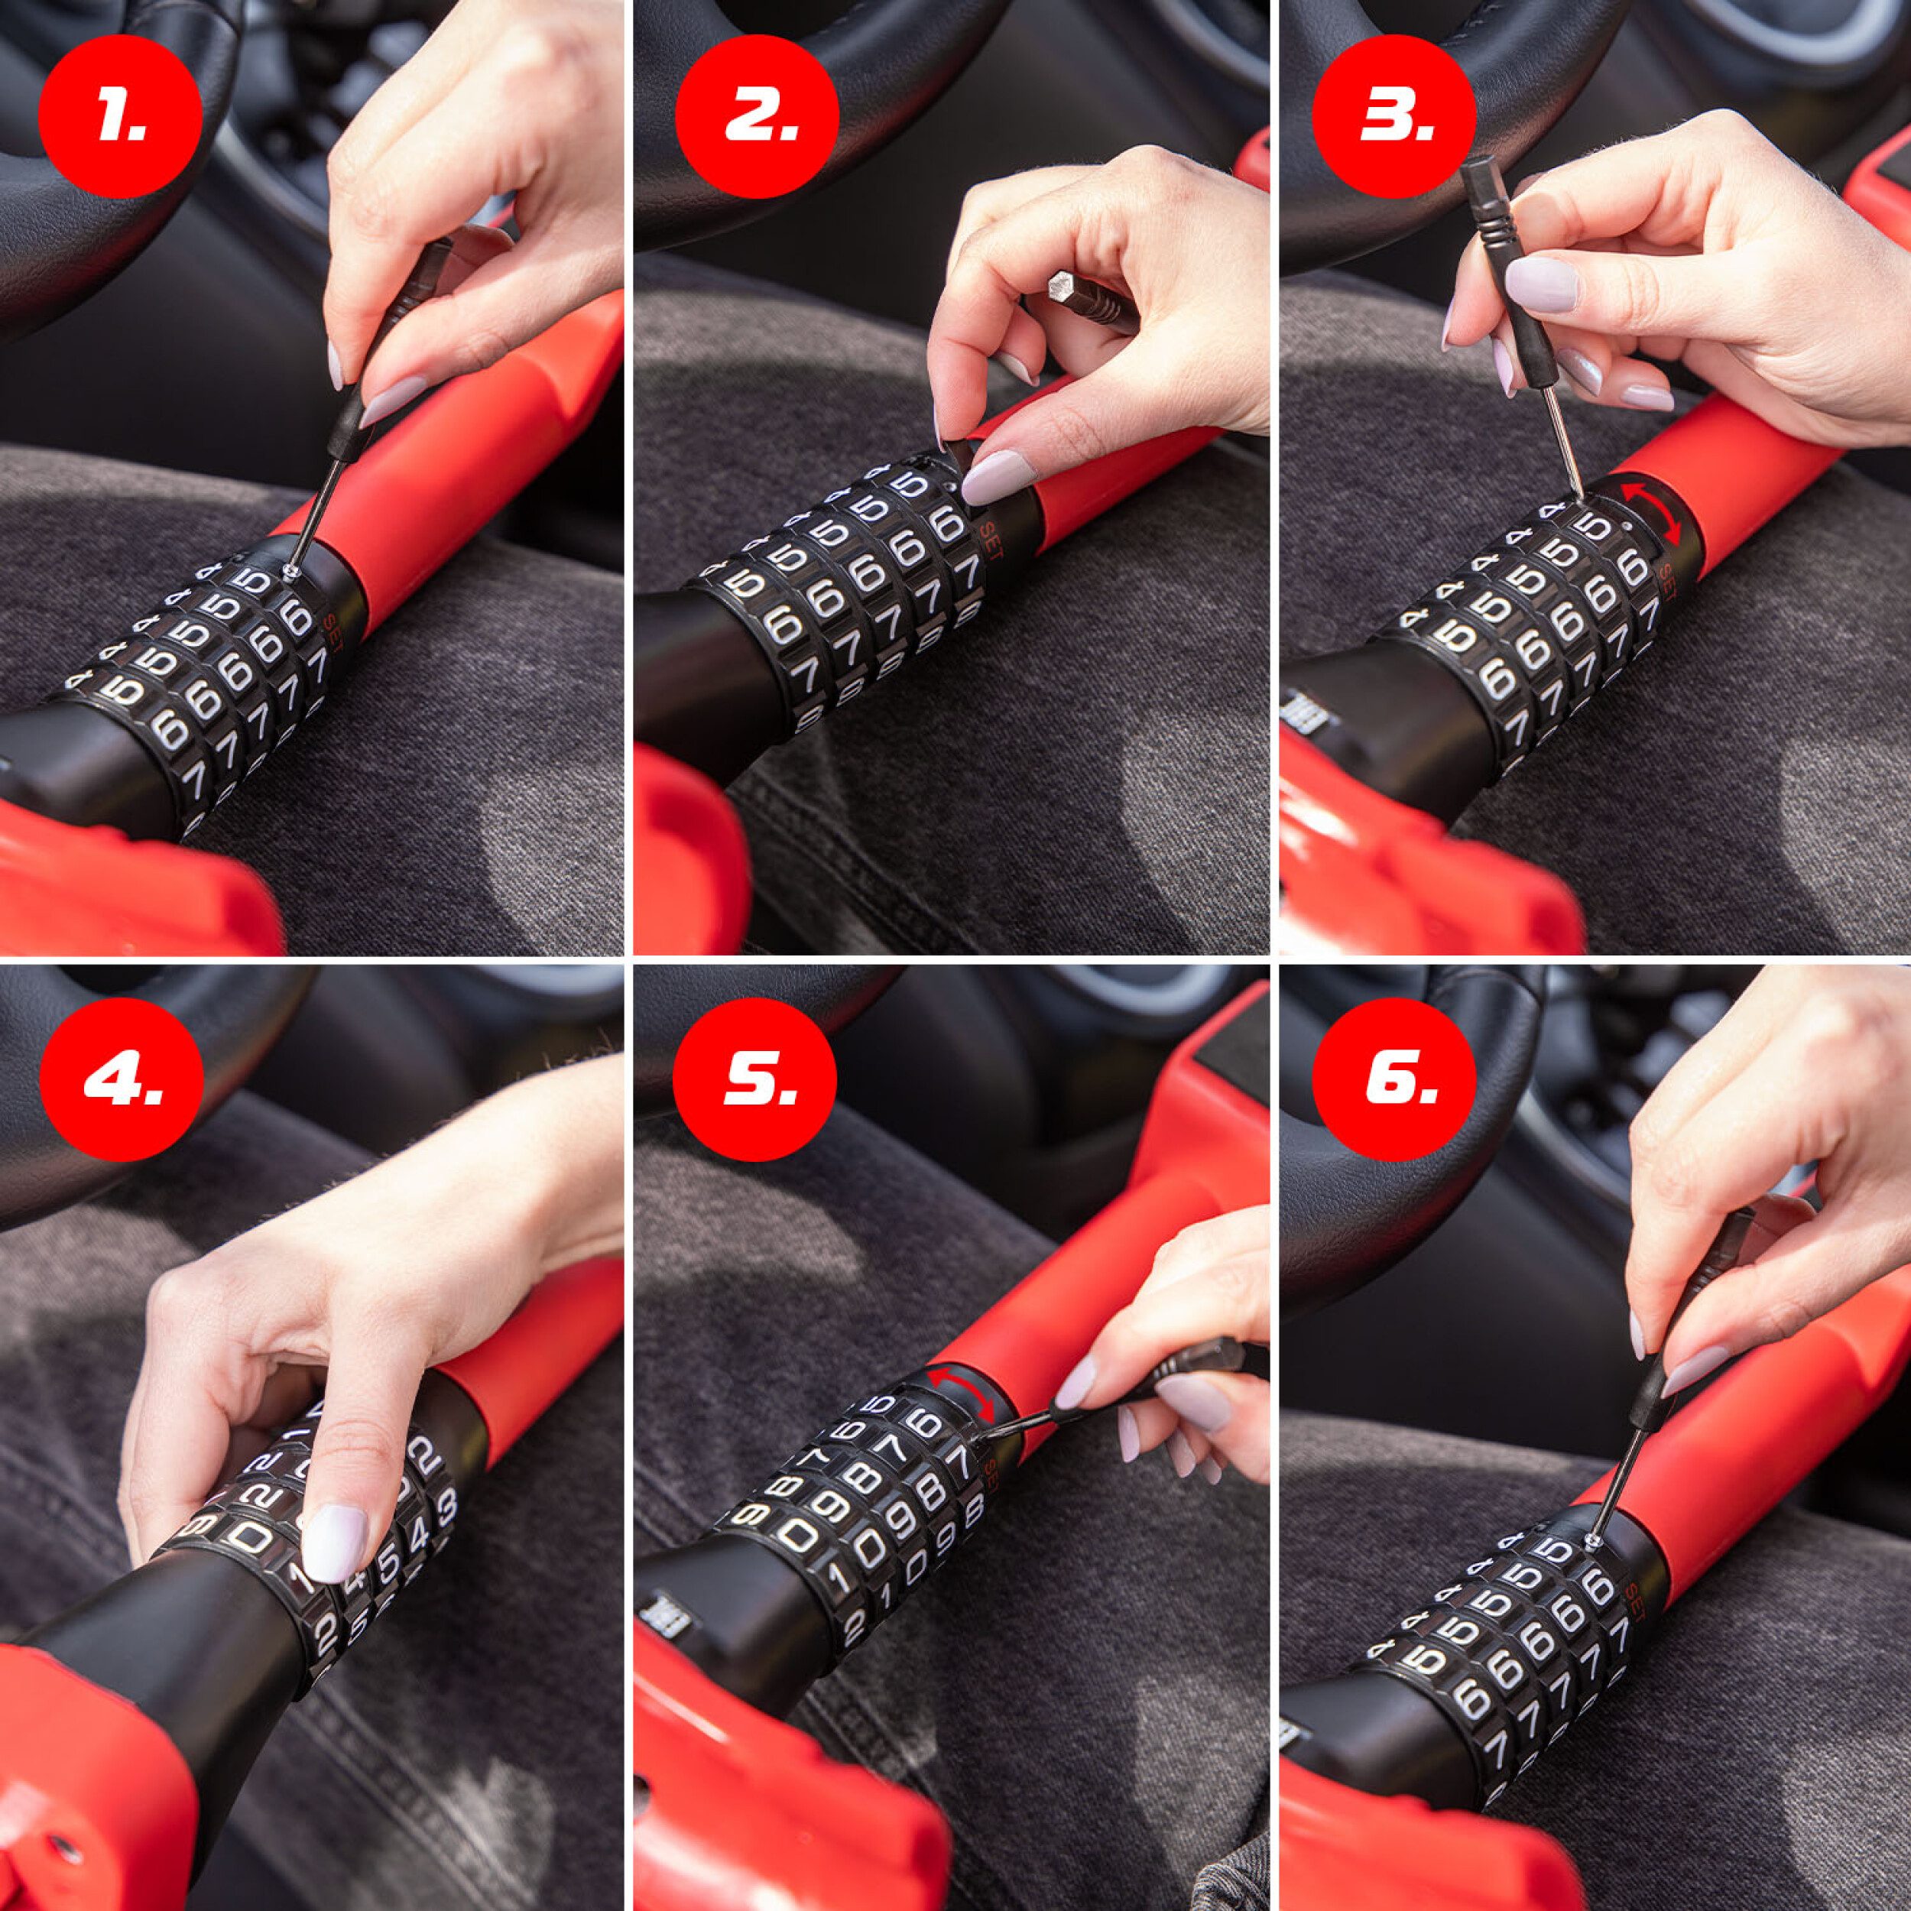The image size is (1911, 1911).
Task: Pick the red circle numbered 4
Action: pyautogui.click(x=121, y=1079)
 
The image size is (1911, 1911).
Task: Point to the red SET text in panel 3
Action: pyautogui.click(x=1665, y=583)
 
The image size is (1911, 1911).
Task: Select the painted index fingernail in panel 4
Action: pyautogui.click(x=333, y=1541)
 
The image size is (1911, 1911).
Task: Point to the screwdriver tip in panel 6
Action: pyautogui.click(x=1591, y=1542)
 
